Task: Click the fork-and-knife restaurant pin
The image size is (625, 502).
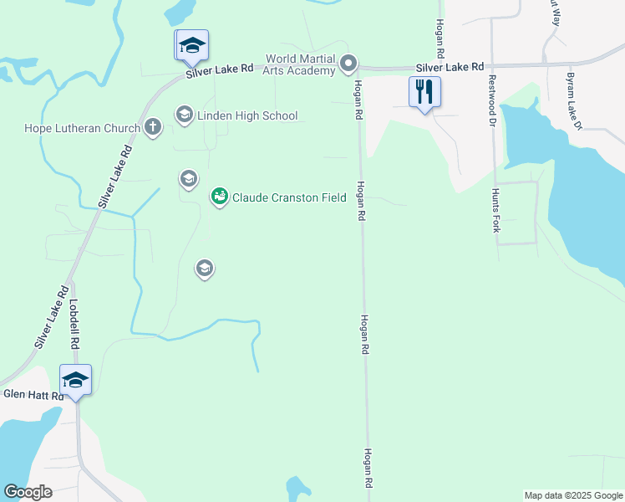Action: click(424, 90)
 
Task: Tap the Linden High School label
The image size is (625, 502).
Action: click(247, 115)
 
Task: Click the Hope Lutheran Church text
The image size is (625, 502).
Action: click(82, 129)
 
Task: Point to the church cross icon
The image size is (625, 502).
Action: click(152, 128)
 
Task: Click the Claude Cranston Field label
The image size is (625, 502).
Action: click(289, 197)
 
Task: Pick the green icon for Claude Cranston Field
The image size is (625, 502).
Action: click(219, 197)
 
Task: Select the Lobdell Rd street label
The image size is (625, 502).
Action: click(74, 325)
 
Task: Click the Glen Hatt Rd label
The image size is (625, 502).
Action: click(33, 395)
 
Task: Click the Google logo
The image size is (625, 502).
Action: click(28, 492)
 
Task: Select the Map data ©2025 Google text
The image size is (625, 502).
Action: click(573, 495)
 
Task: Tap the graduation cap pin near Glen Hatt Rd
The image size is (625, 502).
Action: click(75, 381)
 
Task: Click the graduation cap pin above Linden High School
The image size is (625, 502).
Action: click(192, 46)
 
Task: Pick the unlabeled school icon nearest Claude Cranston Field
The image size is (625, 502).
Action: click(188, 178)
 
